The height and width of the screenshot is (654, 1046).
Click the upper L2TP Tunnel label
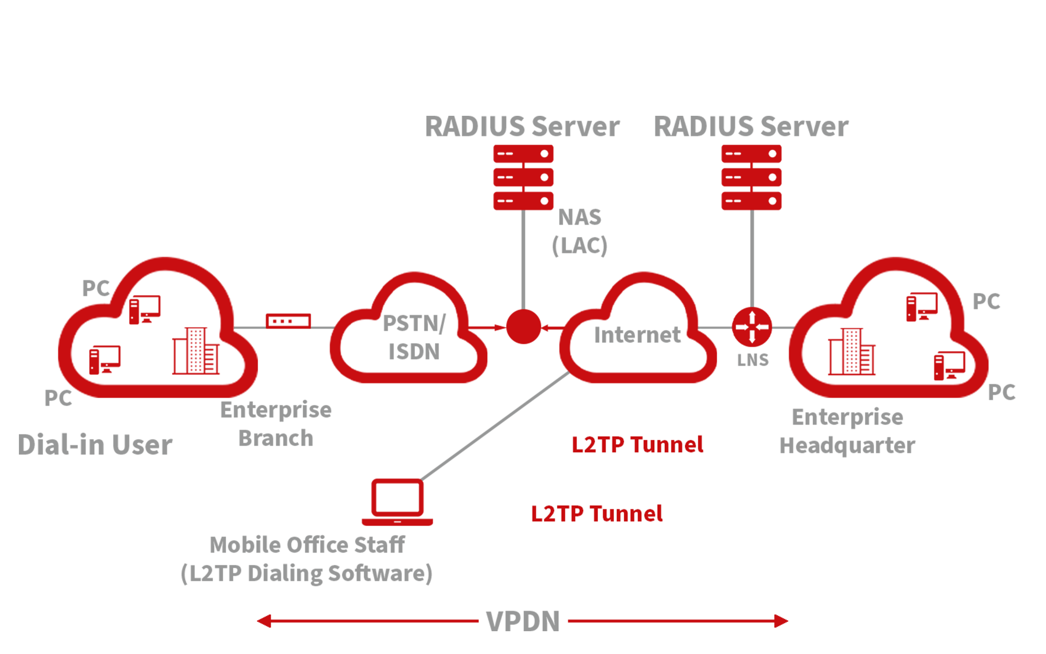pos(637,445)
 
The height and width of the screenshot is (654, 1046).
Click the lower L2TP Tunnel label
pos(597,514)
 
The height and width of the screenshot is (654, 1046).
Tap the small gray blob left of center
pos(412,334)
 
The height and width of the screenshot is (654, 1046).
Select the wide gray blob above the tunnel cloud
pos(634,337)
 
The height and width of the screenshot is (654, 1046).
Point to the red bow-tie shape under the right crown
pos(752,322)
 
